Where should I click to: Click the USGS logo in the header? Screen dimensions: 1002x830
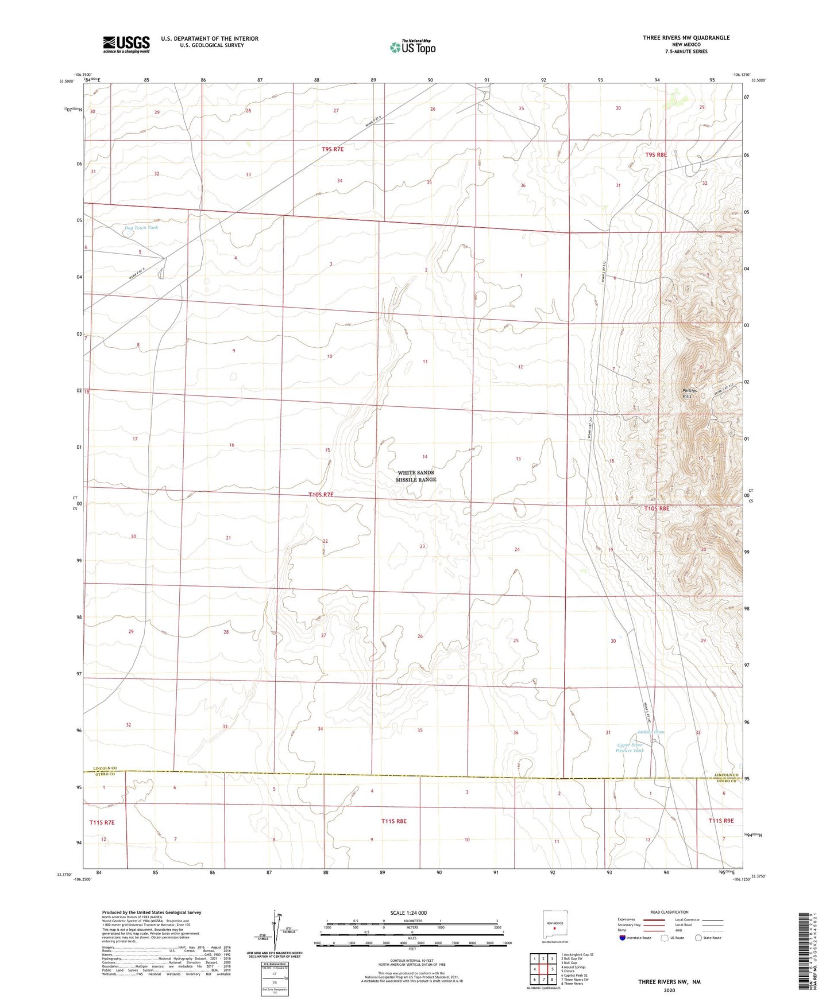(126, 44)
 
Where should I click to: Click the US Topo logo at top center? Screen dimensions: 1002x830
(412, 47)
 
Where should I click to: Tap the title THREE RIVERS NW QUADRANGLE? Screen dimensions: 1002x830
(686, 38)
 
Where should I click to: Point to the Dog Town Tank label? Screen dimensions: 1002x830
(141, 228)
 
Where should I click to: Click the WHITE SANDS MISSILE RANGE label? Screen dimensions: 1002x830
(416, 476)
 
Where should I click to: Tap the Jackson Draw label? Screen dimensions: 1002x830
(651, 732)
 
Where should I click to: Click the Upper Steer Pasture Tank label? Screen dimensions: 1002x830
(630, 748)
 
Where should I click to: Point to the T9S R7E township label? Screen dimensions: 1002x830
(333, 149)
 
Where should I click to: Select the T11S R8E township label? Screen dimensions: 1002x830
(393, 821)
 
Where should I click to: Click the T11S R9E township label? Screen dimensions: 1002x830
(721, 821)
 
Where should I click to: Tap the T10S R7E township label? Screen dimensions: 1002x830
(321, 495)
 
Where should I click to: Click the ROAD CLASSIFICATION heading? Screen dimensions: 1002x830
(669, 912)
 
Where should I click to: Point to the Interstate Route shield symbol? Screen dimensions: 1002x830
(623, 938)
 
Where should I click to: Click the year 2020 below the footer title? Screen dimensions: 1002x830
(669, 990)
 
